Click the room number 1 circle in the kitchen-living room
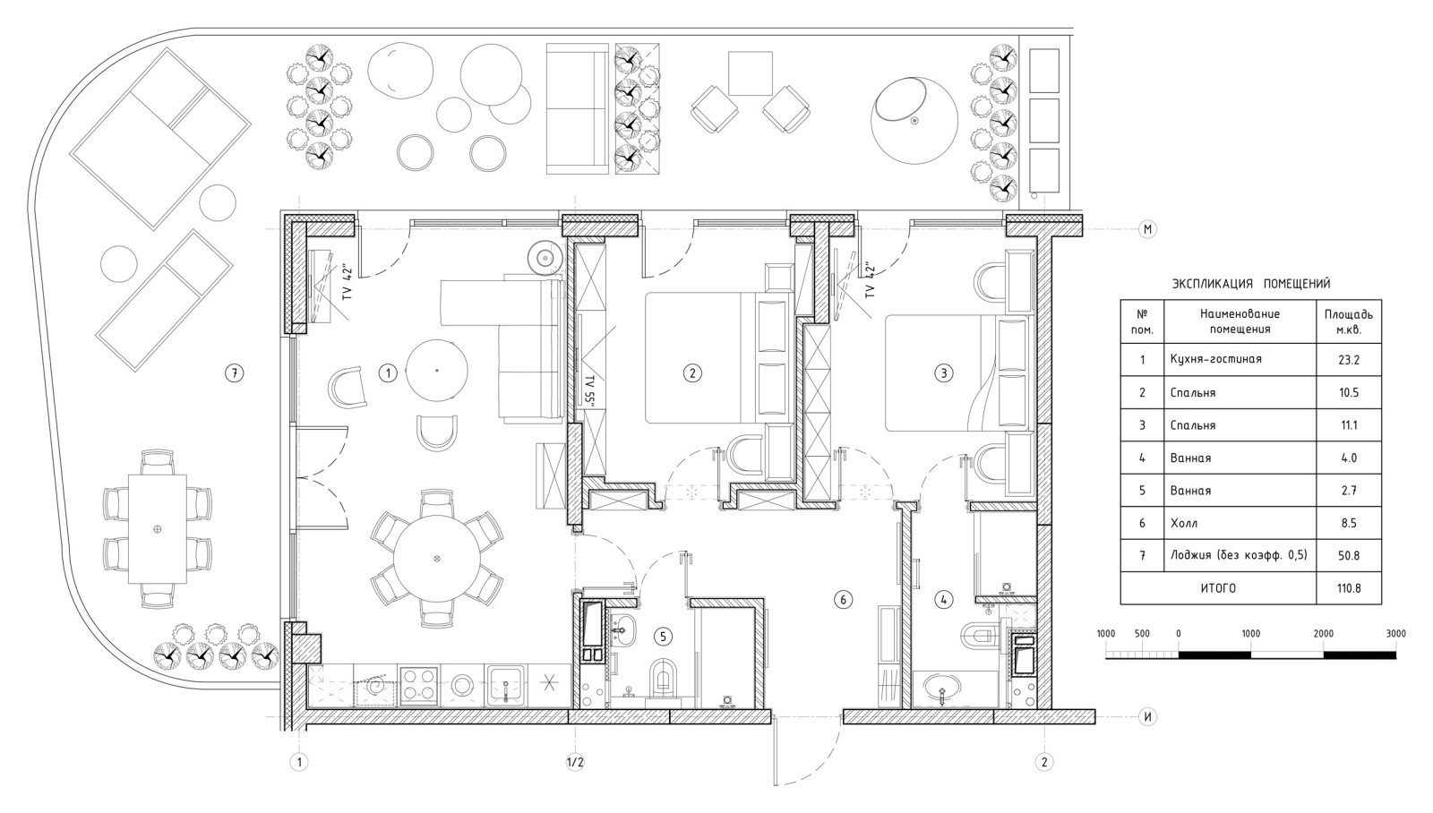[x=388, y=372]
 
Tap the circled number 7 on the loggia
[x=235, y=372]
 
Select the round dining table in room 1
[x=437, y=559]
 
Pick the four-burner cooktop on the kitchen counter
[x=419, y=686]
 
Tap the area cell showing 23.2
[x=1349, y=359]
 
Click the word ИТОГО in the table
[x=1218, y=588]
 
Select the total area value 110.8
[x=1349, y=588]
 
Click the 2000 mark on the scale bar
[x=1324, y=633]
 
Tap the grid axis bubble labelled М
[x=1147, y=229]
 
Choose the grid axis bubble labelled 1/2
[x=575, y=762]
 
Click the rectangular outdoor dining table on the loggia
[x=158, y=529]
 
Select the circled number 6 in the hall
[x=843, y=599]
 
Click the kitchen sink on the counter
[x=505, y=686]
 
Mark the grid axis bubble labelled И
[x=1147, y=716]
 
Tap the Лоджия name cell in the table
[x=1240, y=555]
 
